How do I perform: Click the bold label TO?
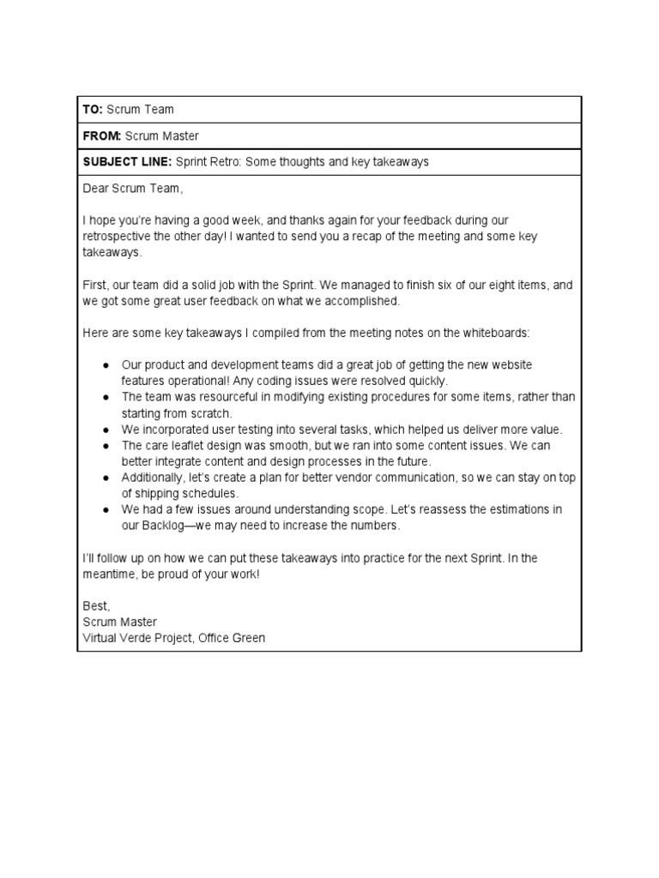pos(93,109)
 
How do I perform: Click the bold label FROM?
pos(101,135)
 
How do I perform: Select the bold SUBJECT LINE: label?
pos(127,161)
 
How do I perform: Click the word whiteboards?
pos(499,332)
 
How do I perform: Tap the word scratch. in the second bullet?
pos(210,413)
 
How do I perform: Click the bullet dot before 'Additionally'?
pos(105,478)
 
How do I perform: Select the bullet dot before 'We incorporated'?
pos(105,430)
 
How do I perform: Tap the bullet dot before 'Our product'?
pos(105,364)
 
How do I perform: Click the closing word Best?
pos(96,605)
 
